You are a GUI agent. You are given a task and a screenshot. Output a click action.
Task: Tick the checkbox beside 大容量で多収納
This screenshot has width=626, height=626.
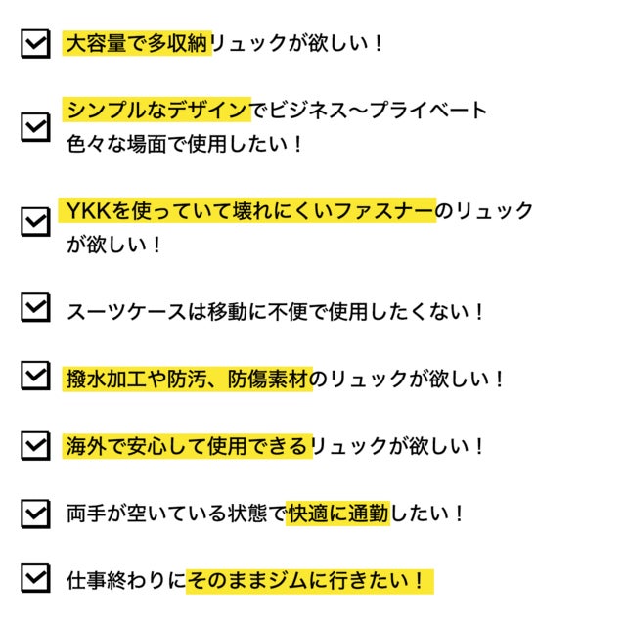click(x=35, y=43)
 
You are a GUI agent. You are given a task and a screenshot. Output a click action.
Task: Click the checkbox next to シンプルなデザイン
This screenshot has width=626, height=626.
click(x=35, y=127)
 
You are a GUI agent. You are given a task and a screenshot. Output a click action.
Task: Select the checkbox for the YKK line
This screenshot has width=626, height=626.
click(x=35, y=222)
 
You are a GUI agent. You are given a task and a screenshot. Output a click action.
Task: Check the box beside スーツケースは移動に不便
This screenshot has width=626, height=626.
click(x=35, y=307)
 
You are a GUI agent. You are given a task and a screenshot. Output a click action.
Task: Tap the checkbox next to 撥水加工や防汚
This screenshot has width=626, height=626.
click(x=35, y=376)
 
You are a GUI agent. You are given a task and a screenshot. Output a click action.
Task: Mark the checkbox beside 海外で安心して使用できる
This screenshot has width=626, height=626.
click(x=35, y=446)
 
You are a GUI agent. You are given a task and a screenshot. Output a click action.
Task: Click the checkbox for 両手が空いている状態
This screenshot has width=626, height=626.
click(x=35, y=514)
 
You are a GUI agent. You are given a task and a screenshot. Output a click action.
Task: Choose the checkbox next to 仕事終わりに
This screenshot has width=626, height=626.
click(x=35, y=578)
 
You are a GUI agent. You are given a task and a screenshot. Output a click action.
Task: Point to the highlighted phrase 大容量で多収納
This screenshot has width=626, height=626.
click(x=137, y=43)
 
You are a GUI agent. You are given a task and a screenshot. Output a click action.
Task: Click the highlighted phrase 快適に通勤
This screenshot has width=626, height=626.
click(x=338, y=514)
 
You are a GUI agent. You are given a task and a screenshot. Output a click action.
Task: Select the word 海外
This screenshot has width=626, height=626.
click(x=86, y=446)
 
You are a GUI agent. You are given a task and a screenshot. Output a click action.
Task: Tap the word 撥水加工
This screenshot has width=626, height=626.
click(x=107, y=379)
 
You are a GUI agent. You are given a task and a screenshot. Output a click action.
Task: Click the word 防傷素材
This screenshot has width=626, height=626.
click(x=269, y=379)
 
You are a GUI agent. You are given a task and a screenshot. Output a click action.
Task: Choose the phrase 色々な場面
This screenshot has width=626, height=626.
click(x=116, y=144)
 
